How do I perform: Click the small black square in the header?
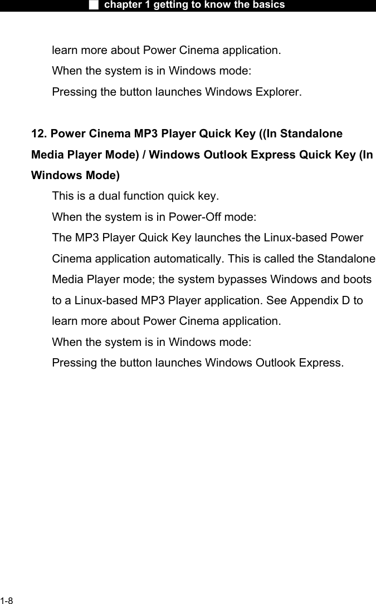point(94,5)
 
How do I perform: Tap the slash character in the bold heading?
point(144,155)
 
